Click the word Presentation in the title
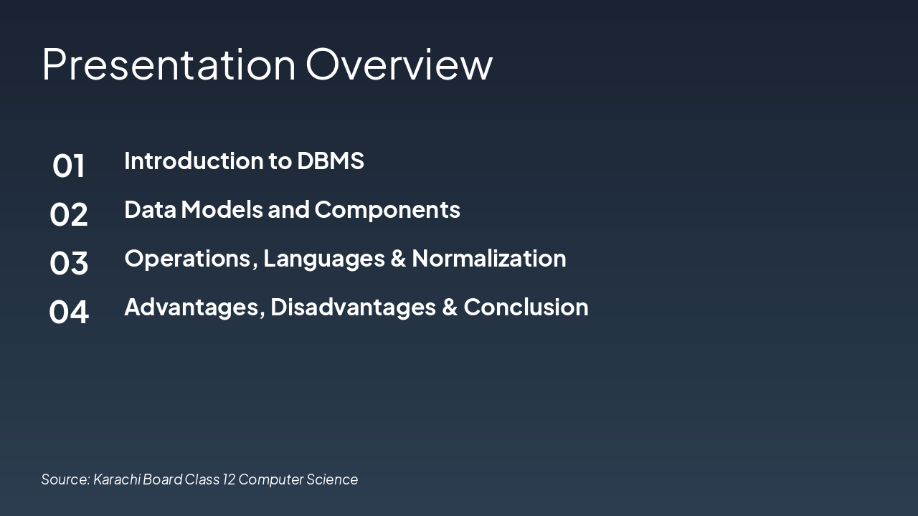coord(169,64)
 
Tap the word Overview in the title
coord(399,64)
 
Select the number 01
coord(68,166)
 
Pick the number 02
coord(68,214)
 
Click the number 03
coord(68,263)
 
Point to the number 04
coord(68,312)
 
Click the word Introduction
coord(194,160)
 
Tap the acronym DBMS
coord(331,161)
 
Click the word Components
coord(387,211)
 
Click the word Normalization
coord(489,258)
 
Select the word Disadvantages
coord(354,308)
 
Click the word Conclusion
coord(526,307)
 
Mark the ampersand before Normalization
coord(398,259)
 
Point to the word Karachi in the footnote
coord(117,479)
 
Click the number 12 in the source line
coord(229,479)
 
